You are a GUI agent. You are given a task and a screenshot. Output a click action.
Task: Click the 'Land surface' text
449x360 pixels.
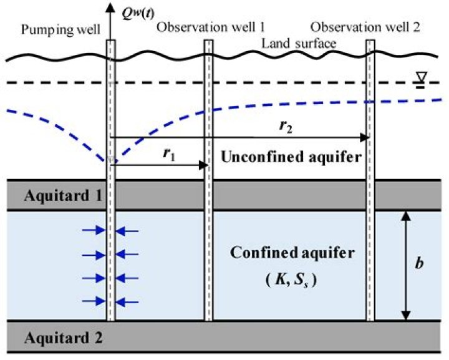coord(300,43)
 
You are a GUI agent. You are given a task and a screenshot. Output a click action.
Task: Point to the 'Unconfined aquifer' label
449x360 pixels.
coord(290,158)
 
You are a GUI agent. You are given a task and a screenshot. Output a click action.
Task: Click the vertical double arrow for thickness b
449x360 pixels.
coord(406,265)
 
